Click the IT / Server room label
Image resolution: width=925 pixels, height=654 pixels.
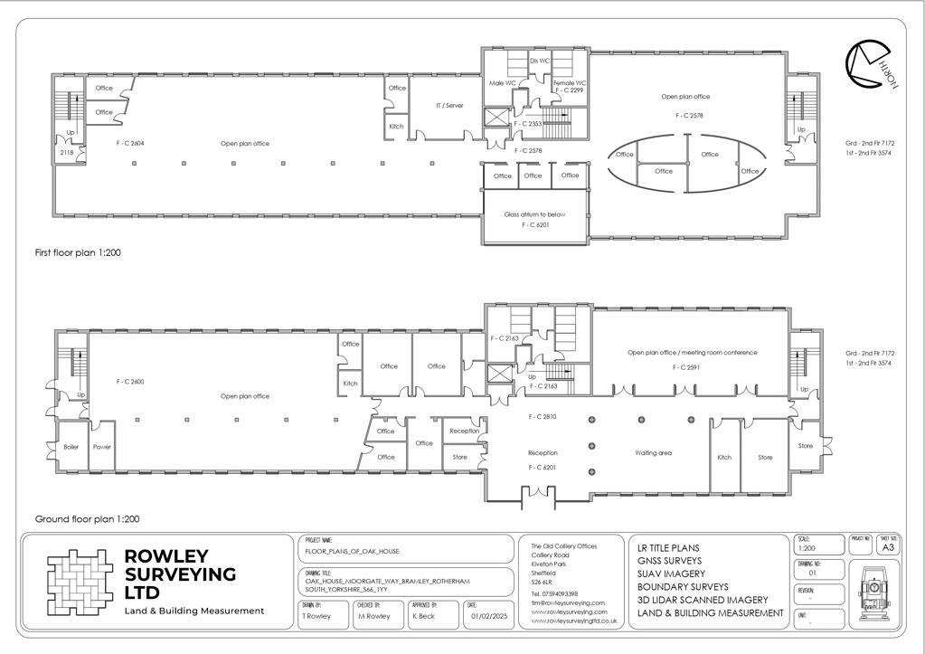click(x=449, y=106)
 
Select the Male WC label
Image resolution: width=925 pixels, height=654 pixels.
click(x=502, y=83)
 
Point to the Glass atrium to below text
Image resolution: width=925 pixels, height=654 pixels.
click(x=535, y=214)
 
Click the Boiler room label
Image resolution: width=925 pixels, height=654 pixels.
click(x=71, y=447)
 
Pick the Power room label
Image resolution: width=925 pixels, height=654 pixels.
click(x=102, y=447)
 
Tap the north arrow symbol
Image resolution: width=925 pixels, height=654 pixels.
click(x=869, y=66)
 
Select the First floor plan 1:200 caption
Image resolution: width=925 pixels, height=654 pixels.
click(x=78, y=253)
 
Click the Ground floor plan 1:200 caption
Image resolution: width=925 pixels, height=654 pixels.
click(x=87, y=519)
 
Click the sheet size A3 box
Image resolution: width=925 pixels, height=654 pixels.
click(x=888, y=547)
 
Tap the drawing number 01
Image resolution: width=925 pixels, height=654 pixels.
click(x=812, y=573)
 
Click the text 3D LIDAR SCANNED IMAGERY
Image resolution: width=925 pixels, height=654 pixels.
click(x=703, y=600)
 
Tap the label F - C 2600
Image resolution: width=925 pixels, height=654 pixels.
click(x=130, y=382)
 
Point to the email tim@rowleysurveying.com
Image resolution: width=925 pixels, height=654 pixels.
click(x=567, y=602)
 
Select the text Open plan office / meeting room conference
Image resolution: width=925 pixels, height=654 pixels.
click(x=693, y=353)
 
